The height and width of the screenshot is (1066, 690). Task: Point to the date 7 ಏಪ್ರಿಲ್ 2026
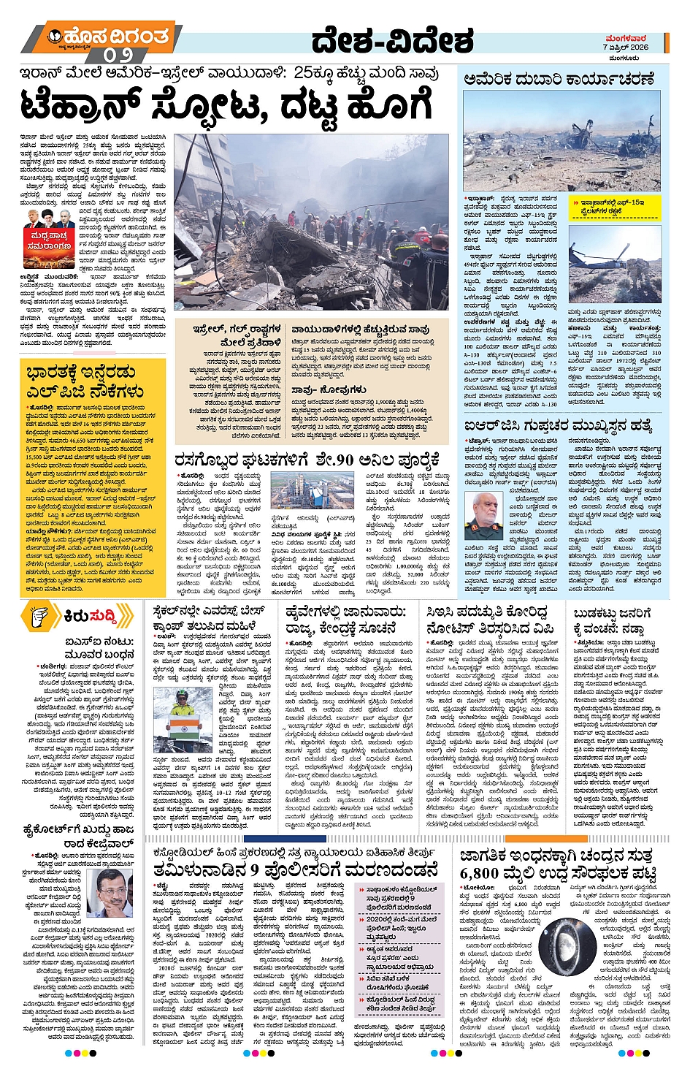point(626,47)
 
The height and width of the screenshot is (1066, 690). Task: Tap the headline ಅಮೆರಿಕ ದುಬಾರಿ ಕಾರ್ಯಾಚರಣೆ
point(559,79)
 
